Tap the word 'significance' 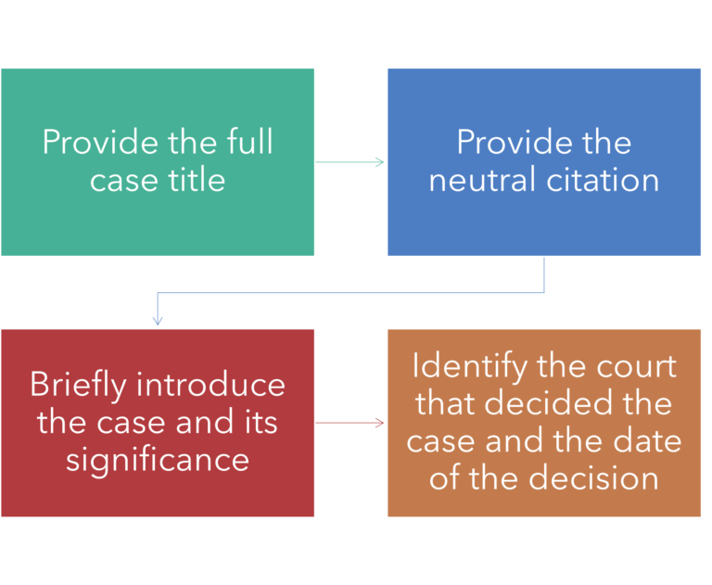point(158,459)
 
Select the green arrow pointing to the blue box point(350,162)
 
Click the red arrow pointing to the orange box point(350,423)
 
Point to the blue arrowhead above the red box point(158,321)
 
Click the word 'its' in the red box point(259,422)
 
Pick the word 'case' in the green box point(121,179)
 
